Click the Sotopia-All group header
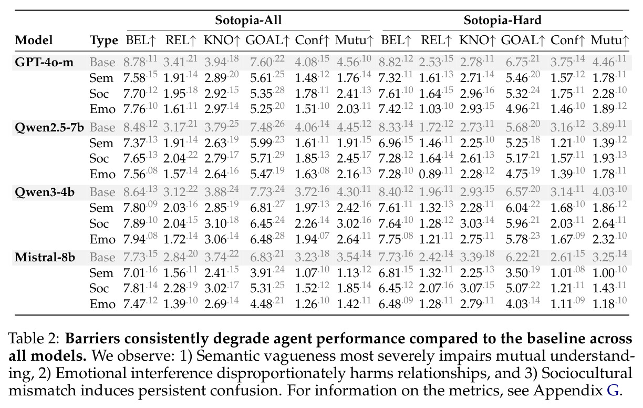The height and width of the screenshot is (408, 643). [x=248, y=20]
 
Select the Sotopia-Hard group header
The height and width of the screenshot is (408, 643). [x=502, y=20]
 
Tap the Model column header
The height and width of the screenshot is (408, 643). [x=34, y=40]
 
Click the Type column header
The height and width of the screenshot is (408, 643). [x=103, y=40]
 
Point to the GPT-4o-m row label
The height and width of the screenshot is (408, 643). [x=44, y=62]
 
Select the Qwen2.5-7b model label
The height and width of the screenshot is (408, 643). [x=49, y=127]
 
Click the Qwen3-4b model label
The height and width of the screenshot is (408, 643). [x=45, y=192]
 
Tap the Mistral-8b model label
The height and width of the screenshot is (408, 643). [x=45, y=257]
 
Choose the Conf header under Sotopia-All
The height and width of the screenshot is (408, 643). [x=312, y=40]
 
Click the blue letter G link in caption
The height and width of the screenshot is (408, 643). [x=613, y=391]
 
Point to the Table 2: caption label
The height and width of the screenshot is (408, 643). [x=34, y=339]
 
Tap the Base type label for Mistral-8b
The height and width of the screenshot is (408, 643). [x=102, y=258]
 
